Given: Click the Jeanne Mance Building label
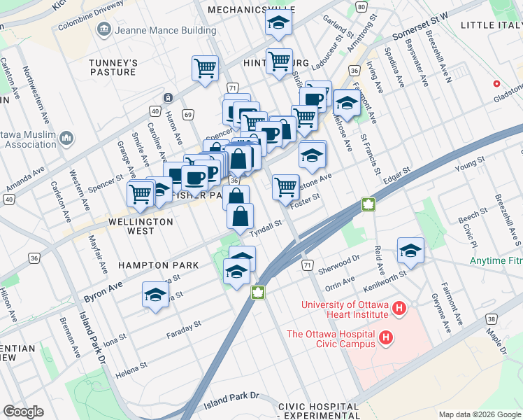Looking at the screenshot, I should tap(165, 30).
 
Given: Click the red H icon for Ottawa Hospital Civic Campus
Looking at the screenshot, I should tap(385, 339).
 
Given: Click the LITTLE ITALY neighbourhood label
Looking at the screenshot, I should tap(492, 25).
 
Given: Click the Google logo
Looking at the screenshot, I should tap(23, 412).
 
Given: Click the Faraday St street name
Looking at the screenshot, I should tap(184, 330).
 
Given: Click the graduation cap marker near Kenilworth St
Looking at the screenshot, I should tap(410, 251).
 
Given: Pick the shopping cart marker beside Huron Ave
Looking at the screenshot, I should tap(205, 69).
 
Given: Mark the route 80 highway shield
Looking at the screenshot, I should tap(361, 6).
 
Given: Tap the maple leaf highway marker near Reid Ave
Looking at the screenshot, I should tap(367, 204).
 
